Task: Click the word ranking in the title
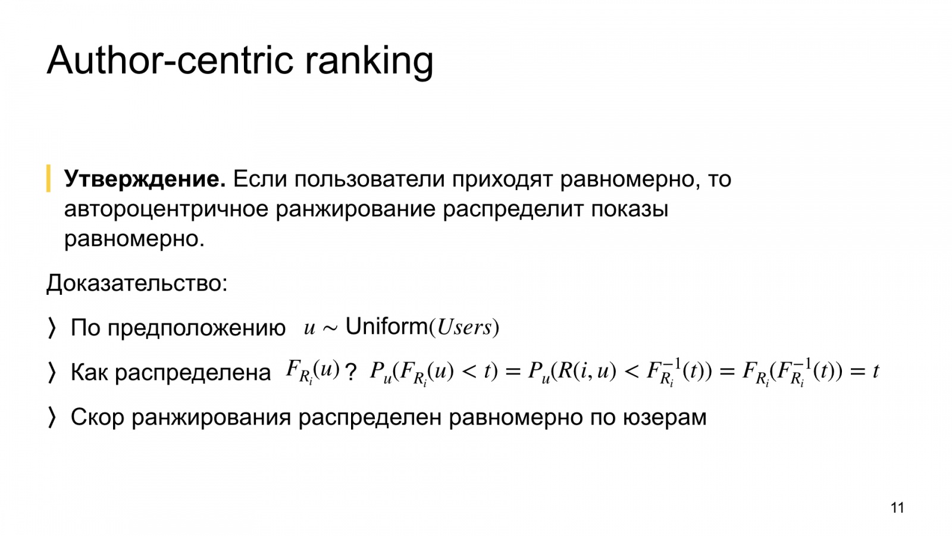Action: [369, 62]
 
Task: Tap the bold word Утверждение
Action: [145, 179]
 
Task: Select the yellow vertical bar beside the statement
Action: [48, 178]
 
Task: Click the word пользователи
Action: [369, 179]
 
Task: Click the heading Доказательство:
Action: [137, 283]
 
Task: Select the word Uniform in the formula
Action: [386, 327]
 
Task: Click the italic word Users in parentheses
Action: [464, 328]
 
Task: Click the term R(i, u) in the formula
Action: [587, 371]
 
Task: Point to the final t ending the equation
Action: [875, 372]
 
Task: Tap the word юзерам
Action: [665, 418]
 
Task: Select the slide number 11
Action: [897, 508]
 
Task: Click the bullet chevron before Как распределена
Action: [51, 373]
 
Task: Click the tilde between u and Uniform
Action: [330, 328]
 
